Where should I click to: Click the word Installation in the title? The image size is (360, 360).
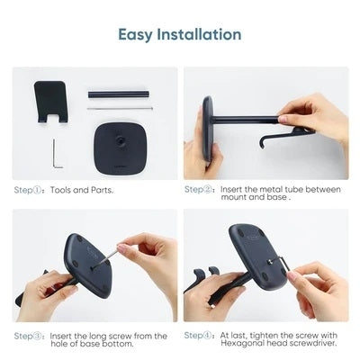[x=200, y=34]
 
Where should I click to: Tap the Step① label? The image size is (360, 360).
[x=28, y=191]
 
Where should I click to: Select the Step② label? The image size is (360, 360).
[x=199, y=190]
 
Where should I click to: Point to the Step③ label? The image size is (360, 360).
[x=28, y=336]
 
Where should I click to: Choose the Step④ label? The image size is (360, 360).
[x=199, y=336]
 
